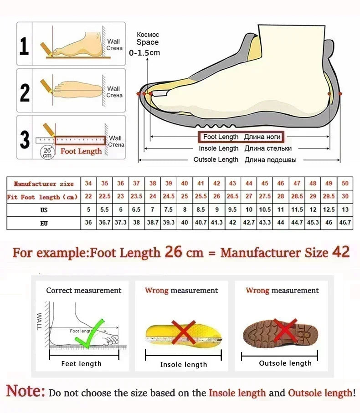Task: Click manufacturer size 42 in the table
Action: point(217,184)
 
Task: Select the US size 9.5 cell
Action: point(232,210)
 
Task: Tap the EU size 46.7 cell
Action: point(345,223)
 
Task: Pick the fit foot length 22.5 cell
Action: point(105,197)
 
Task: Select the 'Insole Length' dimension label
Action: point(218,148)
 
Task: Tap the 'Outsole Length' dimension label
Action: point(216,159)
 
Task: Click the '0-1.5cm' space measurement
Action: point(144,53)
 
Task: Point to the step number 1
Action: point(25,47)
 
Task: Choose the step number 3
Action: point(25,139)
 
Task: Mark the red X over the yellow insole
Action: point(183,332)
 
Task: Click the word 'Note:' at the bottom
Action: point(26,391)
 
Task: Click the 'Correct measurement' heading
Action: point(84,291)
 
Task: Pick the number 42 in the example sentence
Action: point(340,252)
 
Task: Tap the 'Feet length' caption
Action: point(82,363)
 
